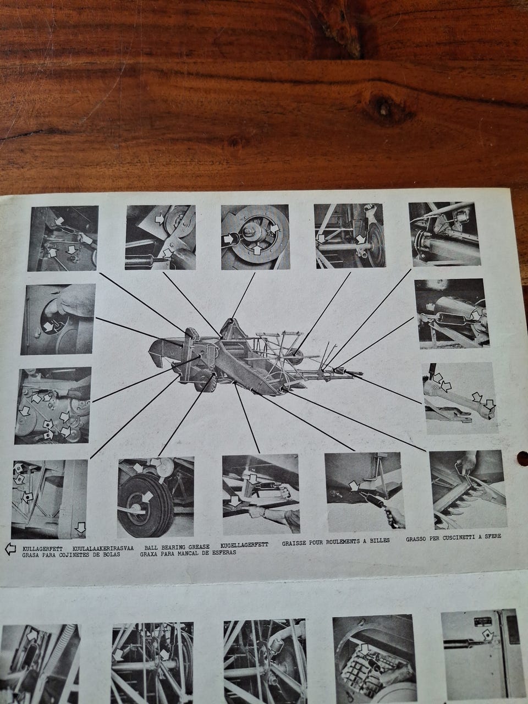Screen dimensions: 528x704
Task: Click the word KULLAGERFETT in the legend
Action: pos(43,548)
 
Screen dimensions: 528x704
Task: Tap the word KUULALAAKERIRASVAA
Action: pos(103,548)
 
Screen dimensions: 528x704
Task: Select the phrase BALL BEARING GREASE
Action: pos(177,547)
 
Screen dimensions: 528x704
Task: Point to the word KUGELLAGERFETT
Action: pos(244,546)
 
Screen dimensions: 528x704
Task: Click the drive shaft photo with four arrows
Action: pos(460,398)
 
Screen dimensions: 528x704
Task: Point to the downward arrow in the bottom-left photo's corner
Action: pos(81,527)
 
